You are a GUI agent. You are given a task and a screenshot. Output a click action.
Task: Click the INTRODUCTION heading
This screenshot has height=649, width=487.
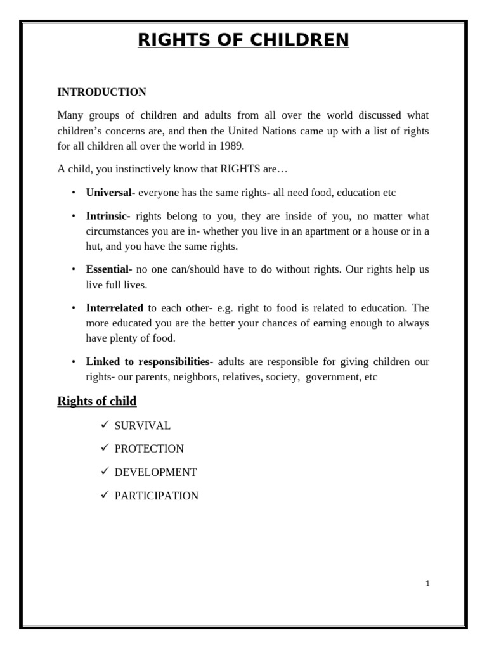[x=101, y=92]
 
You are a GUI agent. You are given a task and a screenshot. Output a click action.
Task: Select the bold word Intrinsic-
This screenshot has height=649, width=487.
[x=108, y=216]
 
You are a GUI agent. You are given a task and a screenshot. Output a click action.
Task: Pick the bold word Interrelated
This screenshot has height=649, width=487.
[x=114, y=308]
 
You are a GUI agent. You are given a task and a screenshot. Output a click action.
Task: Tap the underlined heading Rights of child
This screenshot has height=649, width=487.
[x=96, y=401]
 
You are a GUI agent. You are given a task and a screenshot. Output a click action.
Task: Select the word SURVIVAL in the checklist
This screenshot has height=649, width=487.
[x=142, y=425]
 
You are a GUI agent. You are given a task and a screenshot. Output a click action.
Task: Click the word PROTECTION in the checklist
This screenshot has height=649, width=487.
[x=149, y=449]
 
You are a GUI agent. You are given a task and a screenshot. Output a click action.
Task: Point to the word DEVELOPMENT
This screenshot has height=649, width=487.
[x=155, y=472]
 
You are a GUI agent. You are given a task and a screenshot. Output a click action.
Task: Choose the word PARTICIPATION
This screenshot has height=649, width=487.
[x=156, y=496]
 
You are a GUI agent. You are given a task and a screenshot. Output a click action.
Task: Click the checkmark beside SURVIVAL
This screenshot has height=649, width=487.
[x=105, y=425]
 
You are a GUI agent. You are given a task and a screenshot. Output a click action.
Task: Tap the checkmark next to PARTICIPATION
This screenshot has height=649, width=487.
[x=105, y=495]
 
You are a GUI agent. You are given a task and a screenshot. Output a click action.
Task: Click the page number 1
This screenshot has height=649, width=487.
[x=428, y=584]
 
